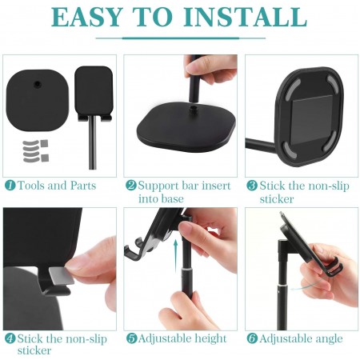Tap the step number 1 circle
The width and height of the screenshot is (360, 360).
[x=10, y=185]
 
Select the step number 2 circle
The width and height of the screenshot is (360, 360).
[x=131, y=185]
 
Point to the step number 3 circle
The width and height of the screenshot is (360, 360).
[x=252, y=186]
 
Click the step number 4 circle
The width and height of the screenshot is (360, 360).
[x=10, y=338]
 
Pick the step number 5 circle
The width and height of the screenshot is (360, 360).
[x=131, y=338]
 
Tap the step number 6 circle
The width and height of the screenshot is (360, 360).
[x=252, y=338]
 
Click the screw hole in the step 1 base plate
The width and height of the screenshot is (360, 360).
[x=38, y=85]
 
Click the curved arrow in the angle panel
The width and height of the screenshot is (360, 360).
[x=306, y=286]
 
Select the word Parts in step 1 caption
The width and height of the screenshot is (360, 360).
[x=83, y=186]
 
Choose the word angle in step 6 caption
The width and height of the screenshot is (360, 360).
[x=329, y=339]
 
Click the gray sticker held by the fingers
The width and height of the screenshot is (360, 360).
[x=62, y=275]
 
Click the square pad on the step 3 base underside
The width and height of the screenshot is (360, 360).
[x=312, y=120]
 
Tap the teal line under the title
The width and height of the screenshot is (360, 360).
[x=181, y=38]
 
